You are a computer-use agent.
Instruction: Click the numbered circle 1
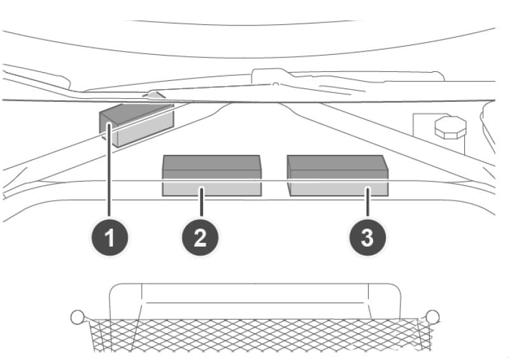tap(110, 239)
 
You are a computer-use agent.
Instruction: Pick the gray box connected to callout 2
tap(211, 175)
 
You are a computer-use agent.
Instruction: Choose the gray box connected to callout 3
tap(337, 175)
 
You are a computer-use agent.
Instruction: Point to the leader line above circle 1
tap(110, 172)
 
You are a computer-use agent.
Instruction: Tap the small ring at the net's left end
tap(77, 317)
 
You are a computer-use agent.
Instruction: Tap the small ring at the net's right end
tap(432, 317)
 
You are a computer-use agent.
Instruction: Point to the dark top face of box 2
tap(211, 162)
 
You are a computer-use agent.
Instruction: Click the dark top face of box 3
tap(337, 162)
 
